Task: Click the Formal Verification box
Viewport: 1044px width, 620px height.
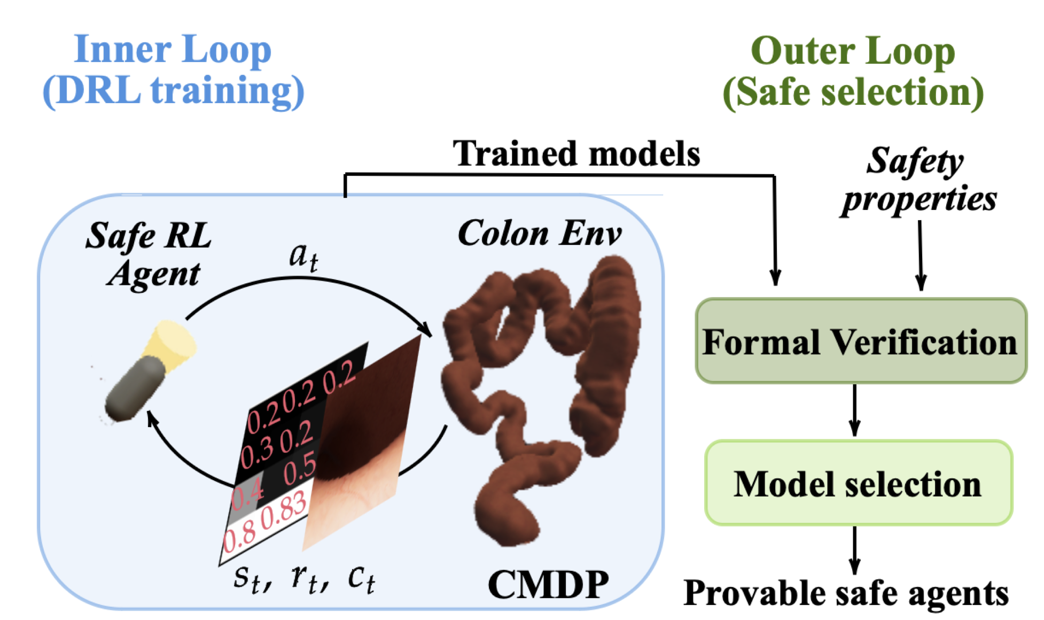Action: pyautogui.click(x=860, y=342)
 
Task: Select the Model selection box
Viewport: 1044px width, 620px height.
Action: pyautogui.click(x=858, y=484)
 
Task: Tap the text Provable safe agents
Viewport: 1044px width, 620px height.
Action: pyautogui.click(x=846, y=593)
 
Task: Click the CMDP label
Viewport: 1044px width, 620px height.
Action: pyautogui.click(x=548, y=584)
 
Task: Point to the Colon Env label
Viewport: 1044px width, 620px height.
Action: pyautogui.click(x=540, y=234)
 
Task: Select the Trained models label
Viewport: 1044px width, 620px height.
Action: pyautogui.click(x=576, y=153)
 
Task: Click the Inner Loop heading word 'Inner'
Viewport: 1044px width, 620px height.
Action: pyautogui.click(x=122, y=49)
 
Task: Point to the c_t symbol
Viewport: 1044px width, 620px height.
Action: pyautogui.click(x=361, y=578)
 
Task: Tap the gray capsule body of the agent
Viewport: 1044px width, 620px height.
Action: pyautogui.click(x=134, y=390)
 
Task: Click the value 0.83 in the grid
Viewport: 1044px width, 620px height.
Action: pyautogui.click(x=283, y=508)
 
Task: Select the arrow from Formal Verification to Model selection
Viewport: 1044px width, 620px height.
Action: pyautogui.click(x=855, y=410)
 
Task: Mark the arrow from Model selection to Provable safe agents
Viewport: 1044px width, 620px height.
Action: pyautogui.click(x=855, y=551)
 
